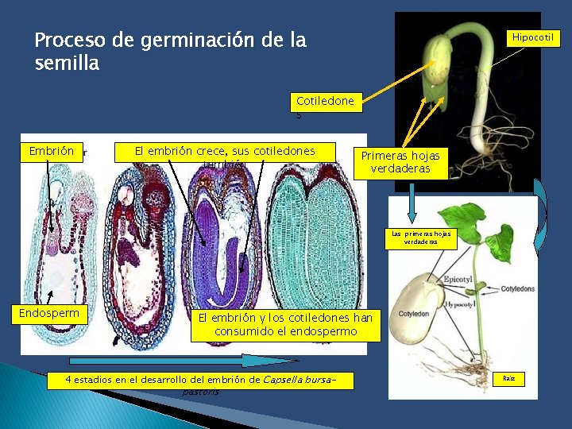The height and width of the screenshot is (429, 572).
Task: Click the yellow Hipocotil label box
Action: (x=535, y=37)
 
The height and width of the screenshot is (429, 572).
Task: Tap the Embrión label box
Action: (x=52, y=151)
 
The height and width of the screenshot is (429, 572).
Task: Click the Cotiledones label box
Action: (x=325, y=102)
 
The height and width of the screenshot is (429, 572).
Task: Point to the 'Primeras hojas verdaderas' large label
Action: (x=400, y=162)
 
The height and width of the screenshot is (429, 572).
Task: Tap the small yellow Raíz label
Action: (x=508, y=379)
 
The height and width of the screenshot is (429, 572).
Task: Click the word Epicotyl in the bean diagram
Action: (x=458, y=280)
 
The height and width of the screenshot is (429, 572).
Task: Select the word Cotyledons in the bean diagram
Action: (x=517, y=289)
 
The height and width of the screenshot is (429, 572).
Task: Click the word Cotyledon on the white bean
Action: (x=414, y=313)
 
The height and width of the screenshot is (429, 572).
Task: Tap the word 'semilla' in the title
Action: (x=68, y=64)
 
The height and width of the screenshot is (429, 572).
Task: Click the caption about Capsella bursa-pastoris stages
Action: (x=199, y=381)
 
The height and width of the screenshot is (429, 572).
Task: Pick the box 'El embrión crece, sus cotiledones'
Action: (x=225, y=151)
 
